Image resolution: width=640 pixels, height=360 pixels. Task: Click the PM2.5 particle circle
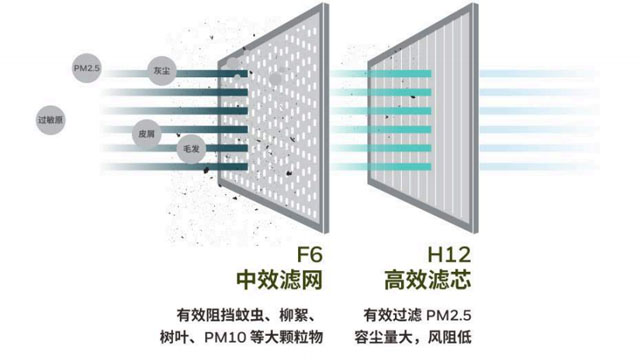(x=87, y=67)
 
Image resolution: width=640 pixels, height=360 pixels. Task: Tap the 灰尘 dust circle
(x=159, y=71)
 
